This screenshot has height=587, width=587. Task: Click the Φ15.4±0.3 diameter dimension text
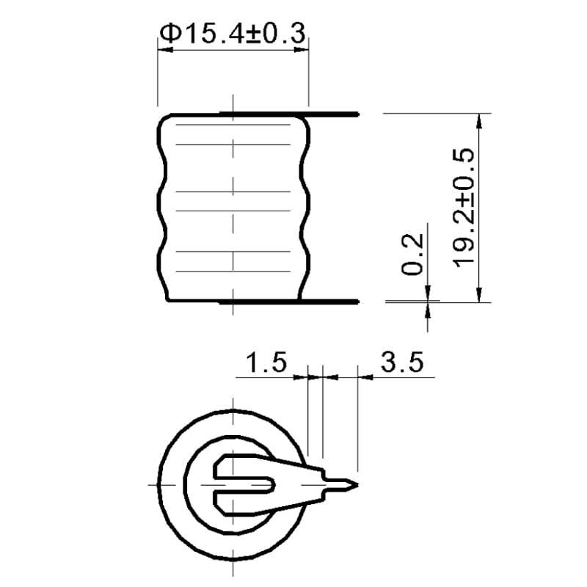232,33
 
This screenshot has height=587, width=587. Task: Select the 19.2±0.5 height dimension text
463,208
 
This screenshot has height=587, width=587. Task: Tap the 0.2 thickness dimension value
413,254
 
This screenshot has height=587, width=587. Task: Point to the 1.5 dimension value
265,362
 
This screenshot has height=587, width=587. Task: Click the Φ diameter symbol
169,34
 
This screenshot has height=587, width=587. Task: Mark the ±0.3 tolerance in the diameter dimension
273,33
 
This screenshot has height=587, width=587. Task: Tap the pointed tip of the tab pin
354,484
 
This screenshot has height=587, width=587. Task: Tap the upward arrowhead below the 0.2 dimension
428,307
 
